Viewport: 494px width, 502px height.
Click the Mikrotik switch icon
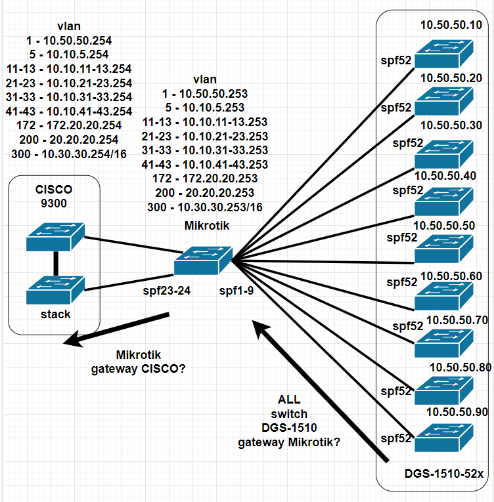tap(203, 261)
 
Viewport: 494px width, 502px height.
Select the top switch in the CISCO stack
tap(55, 237)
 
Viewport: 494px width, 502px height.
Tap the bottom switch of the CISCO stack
tap(55, 290)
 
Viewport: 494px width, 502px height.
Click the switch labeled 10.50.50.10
tap(444, 54)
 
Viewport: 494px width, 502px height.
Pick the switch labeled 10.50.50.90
tap(444, 438)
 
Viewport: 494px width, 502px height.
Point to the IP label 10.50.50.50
tap(444, 226)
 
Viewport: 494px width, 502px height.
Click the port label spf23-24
tap(167, 291)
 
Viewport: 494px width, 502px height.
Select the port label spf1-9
tap(236, 291)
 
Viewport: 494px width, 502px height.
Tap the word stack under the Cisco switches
tap(55, 314)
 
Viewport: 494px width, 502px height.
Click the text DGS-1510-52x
tap(444, 474)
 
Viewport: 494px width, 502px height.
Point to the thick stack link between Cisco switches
tap(56, 264)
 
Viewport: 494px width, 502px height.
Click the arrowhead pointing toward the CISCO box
tap(73, 339)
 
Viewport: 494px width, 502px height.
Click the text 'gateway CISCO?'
tap(138, 369)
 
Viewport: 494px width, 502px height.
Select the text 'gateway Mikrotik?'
tap(289, 442)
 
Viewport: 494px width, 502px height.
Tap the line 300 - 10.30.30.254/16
tap(69, 154)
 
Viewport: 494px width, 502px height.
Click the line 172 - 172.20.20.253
tap(205, 178)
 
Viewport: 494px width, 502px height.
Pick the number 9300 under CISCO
tap(54, 203)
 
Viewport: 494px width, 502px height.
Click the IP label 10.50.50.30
tap(451, 125)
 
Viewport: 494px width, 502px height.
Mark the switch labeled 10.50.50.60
tap(444, 296)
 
